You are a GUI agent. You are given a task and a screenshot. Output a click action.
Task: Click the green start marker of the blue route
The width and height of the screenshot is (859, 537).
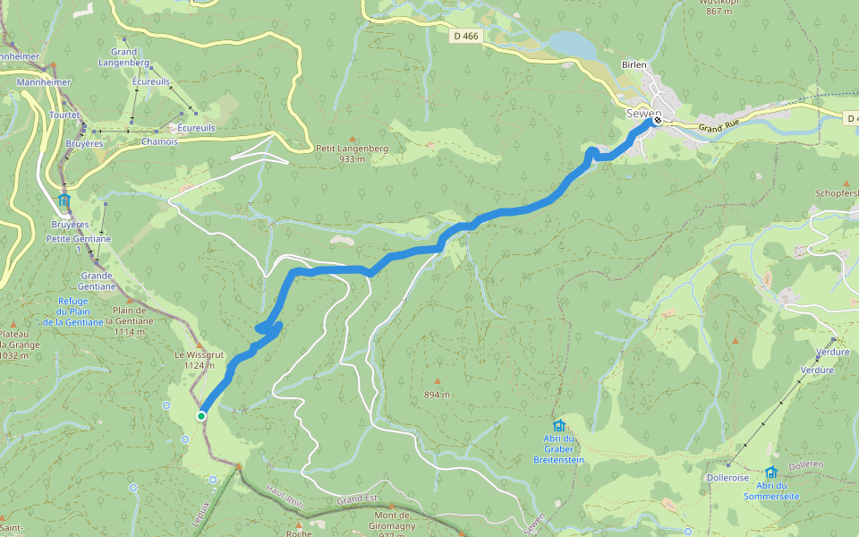[201, 415]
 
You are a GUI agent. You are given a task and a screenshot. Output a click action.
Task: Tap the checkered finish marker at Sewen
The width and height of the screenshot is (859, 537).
[658, 120]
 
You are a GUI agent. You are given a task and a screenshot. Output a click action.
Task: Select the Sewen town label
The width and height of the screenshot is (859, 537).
[642, 113]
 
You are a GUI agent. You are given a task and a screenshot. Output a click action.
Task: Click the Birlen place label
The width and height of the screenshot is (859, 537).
[634, 65]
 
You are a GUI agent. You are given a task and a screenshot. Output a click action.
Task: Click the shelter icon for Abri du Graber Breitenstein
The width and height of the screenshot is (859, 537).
[559, 426]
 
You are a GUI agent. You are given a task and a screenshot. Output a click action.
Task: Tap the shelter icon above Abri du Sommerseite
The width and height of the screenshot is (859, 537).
[770, 472]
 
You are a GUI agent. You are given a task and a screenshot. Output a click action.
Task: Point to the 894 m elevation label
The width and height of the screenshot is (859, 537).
[437, 395]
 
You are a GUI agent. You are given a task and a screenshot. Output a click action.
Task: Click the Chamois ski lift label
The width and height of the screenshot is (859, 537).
[159, 141]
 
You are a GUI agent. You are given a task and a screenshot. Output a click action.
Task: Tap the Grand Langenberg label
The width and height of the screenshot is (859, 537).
[123, 58]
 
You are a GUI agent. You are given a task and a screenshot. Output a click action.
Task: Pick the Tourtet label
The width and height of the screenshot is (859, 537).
[66, 115]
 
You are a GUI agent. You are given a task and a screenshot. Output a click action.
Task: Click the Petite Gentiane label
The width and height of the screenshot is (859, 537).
[79, 239]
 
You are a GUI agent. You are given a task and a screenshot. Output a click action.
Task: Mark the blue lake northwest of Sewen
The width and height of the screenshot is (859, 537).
[567, 43]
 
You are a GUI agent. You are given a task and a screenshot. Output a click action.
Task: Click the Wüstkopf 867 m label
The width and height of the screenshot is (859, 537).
[719, 6]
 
